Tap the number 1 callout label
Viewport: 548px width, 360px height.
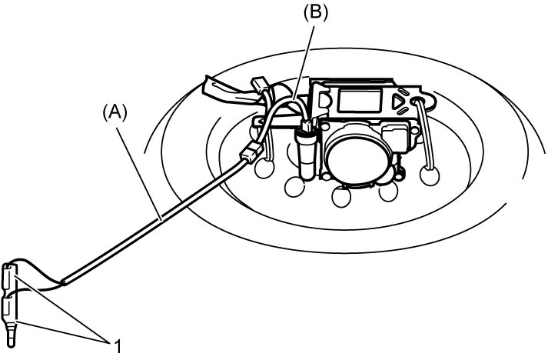coord(118,346)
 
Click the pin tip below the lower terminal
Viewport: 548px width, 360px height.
coord(12,337)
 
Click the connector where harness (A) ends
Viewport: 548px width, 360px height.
coord(251,152)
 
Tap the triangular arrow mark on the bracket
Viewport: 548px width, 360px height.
coord(397,102)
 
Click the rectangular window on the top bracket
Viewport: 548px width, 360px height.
coord(360,99)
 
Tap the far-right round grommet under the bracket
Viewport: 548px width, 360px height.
coord(430,175)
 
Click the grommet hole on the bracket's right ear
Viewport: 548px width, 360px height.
coord(417,102)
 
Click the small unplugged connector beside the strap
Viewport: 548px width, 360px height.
coord(259,84)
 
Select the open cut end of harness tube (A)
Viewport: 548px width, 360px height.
coord(64,282)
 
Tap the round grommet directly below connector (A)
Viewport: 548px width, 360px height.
coord(265,169)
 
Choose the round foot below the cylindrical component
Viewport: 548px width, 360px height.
coord(294,187)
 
